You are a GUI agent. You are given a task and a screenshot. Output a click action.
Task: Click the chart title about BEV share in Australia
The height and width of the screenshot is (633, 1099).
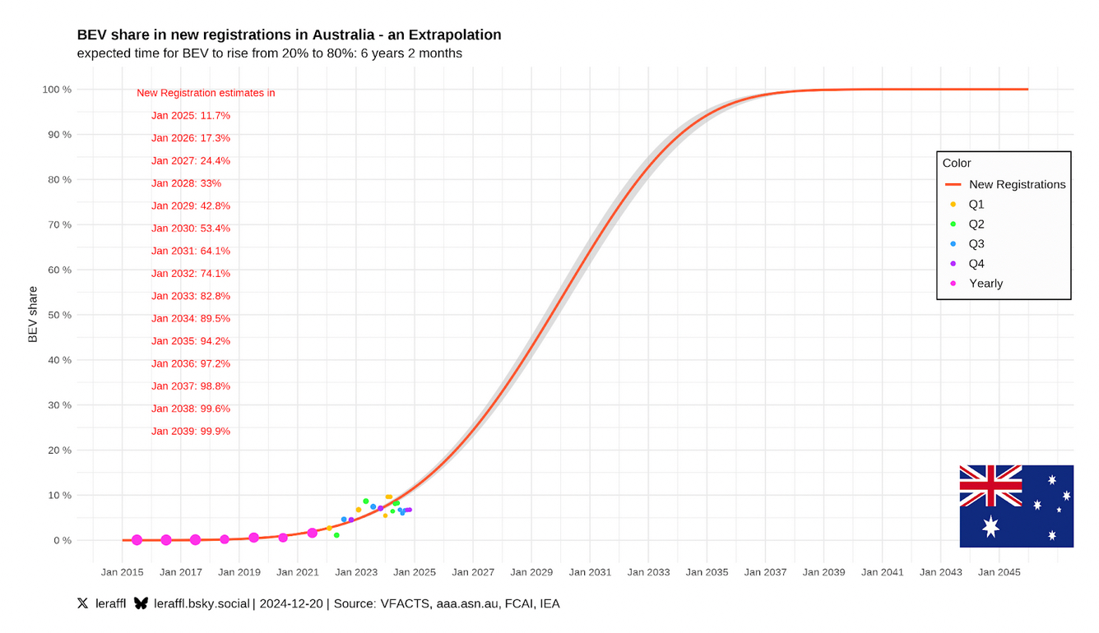click(289, 35)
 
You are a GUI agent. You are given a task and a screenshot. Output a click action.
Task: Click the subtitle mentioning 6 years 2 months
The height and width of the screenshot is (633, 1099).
click(269, 53)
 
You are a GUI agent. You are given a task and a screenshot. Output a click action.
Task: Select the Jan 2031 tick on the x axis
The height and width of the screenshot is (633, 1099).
click(589, 571)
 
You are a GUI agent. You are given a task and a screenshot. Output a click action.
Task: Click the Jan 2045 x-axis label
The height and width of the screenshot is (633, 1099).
click(999, 571)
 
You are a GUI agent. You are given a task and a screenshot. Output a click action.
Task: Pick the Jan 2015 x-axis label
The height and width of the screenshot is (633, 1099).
click(122, 571)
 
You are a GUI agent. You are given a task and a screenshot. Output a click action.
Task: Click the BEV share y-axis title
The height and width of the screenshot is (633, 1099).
click(33, 314)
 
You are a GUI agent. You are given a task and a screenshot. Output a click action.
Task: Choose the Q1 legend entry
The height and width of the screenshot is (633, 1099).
click(976, 204)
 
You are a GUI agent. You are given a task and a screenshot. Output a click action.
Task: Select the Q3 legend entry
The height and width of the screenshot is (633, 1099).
click(976, 243)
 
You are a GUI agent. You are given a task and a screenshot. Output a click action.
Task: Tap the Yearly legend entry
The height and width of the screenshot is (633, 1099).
click(985, 283)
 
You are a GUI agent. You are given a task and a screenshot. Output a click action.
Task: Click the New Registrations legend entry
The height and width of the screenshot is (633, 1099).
click(1017, 184)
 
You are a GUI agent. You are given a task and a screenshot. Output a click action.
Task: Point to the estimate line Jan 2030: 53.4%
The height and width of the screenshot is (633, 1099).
click(191, 229)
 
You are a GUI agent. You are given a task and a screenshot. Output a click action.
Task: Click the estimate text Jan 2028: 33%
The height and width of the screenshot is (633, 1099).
click(186, 183)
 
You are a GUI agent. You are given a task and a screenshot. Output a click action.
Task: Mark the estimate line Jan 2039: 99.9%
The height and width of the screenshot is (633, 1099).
click(191, 431)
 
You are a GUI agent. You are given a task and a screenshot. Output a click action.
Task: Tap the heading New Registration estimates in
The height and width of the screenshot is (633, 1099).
click(206, 93)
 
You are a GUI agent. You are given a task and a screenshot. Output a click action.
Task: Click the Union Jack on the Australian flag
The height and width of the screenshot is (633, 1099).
click(990, 485)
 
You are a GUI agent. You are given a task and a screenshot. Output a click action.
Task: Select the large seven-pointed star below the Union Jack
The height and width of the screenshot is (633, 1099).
click(990, 526)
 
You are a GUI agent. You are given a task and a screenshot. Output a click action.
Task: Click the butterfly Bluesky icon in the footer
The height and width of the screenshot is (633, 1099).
click(141, 603)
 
